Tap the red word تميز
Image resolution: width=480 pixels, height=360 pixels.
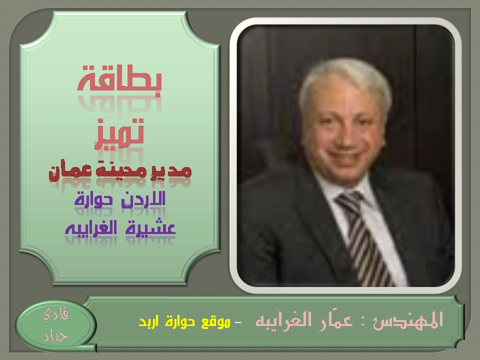click(119, 133)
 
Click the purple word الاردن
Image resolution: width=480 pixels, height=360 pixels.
click(143, 199)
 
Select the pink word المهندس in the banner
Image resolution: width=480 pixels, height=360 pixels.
click(408, 320)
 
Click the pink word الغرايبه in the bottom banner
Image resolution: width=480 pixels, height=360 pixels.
click(284, 320)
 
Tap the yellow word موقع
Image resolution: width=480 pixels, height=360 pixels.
click(215, 322)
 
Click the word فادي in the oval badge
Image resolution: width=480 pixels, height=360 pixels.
click(56, 314)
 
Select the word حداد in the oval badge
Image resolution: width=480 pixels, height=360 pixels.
click(55, 336)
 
